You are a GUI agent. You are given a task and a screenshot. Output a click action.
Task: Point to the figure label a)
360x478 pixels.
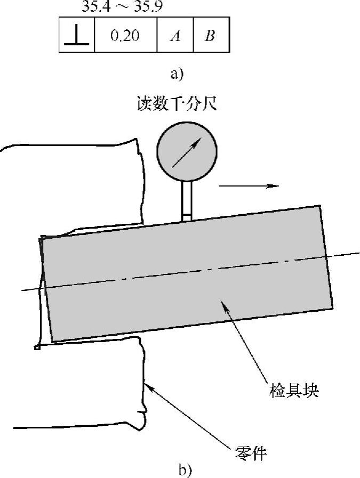click(x=177, y=74)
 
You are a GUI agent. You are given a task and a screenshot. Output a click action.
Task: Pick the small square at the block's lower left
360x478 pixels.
click(x=37, y=348)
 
